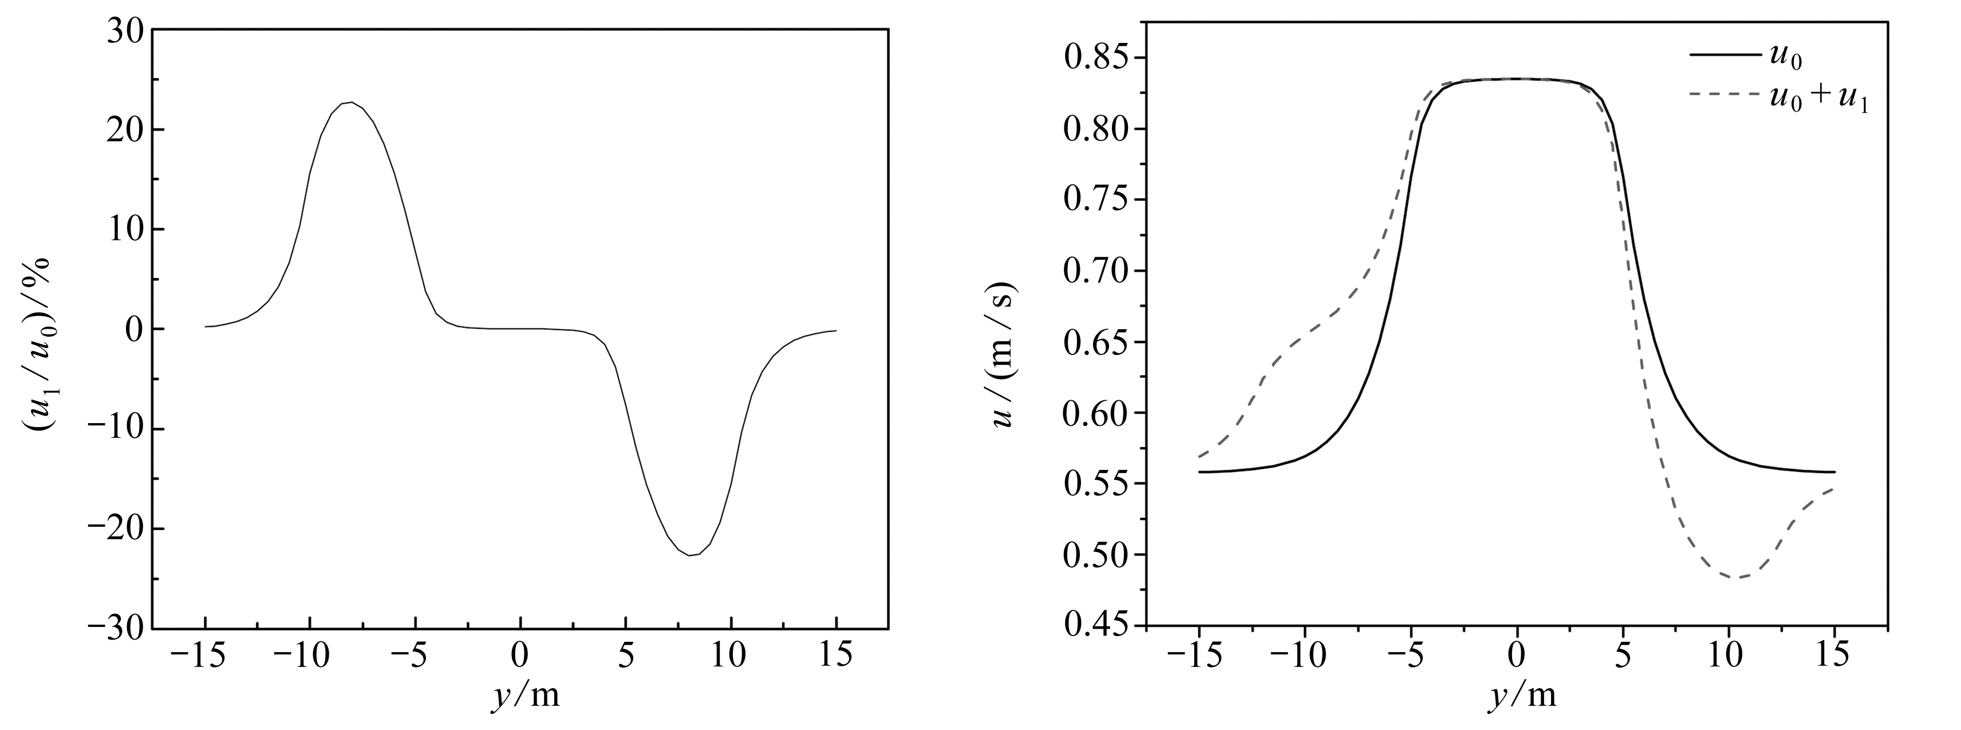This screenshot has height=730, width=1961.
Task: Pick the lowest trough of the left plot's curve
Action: pos(691,555)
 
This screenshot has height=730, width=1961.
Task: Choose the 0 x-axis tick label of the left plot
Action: pos(520,656)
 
